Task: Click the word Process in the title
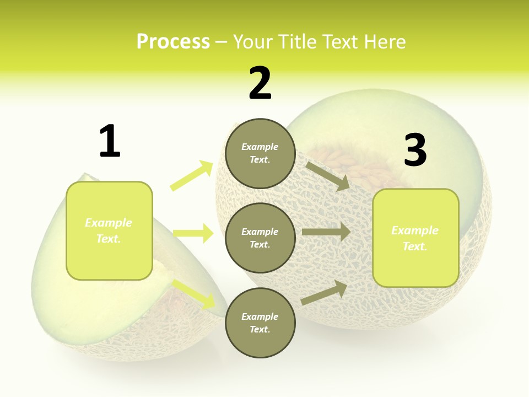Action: pos(173,42)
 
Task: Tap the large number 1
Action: pos(110,142)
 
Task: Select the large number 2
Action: pos(260,83)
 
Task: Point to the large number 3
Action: pos(415,150)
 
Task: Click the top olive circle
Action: pos(260,153)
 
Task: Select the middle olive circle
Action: pos(260,238)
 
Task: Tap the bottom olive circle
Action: pos(260,323)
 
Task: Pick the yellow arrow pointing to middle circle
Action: pos(193,233)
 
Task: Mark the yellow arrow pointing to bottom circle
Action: pos(195,294)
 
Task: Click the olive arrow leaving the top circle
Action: pos(327,176)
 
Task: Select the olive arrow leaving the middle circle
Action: pos(326,232)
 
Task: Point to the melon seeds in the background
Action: pos(353,165)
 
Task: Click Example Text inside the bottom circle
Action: pos(260,323)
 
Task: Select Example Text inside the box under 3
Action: pos(415,238)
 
